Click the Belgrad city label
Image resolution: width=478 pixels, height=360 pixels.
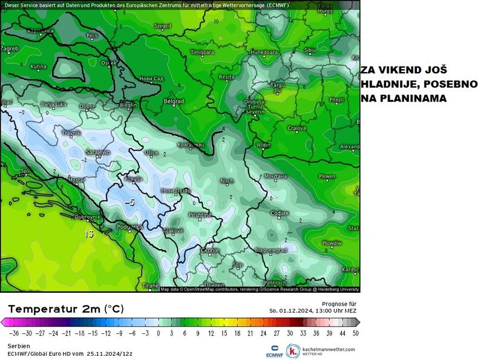pos(174,101)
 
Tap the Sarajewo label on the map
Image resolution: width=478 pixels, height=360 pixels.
pos(97,152)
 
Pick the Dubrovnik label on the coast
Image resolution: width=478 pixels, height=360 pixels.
pos(88,217)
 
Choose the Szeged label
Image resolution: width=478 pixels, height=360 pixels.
pos(163,26)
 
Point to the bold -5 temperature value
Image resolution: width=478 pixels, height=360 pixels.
pos(129,202)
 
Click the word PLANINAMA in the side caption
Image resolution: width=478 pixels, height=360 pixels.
pos(410,97)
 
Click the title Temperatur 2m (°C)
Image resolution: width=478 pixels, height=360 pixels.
pos(66,309)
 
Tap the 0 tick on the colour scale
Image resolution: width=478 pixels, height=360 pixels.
pos(159,333)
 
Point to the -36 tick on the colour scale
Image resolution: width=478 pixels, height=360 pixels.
pos(13,333)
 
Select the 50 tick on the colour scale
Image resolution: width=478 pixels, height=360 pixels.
pos(355,333)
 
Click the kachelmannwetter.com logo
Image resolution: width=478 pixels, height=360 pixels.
pos(321,351)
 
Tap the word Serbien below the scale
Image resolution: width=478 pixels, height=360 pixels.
pos(18,345)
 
